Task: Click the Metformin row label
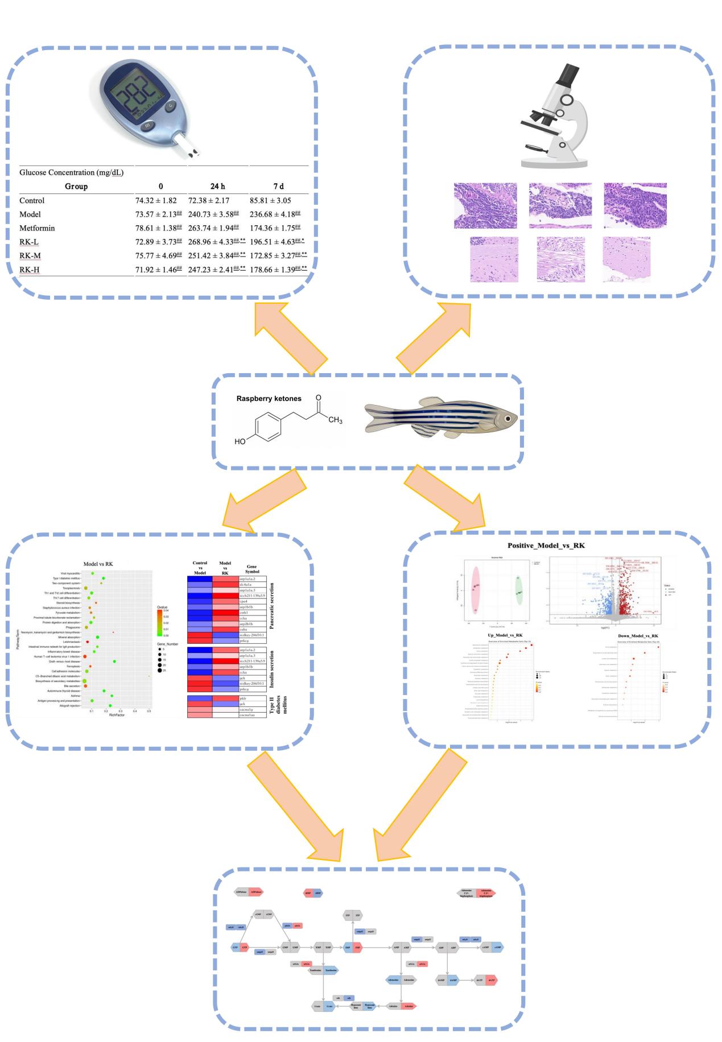pos(37,228)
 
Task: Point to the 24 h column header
pos(218,186)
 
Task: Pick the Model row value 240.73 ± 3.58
pos(213,214)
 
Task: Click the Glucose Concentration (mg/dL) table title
pos(71,172)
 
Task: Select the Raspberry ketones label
pos(269,399)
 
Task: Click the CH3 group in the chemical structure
pos(335,420)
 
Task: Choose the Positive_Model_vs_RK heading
pos(546,545)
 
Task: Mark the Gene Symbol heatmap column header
pos(251,569)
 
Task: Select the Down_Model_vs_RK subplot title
pos(630,635)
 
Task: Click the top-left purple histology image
pos(485,205)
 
